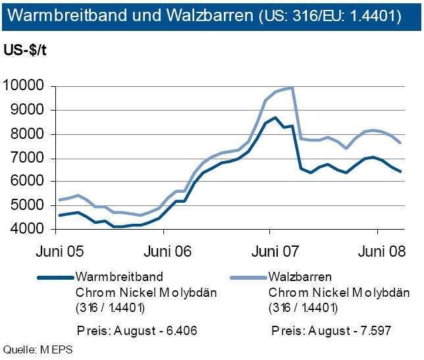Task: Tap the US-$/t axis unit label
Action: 27,50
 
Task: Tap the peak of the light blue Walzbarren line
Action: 290,88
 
